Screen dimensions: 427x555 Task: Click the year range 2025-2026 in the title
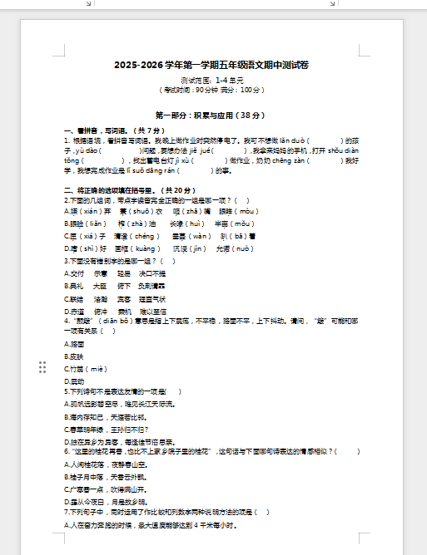(138, 65)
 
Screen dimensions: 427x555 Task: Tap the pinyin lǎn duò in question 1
(294, 140)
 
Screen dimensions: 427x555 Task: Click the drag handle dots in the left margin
(42, 367)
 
